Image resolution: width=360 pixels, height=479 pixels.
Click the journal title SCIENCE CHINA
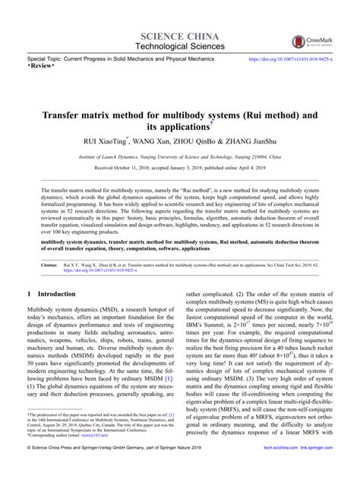pyautogui.click(x=179, y=36)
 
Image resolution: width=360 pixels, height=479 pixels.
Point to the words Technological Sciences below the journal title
pyautogui.click(x=179, y=46)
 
